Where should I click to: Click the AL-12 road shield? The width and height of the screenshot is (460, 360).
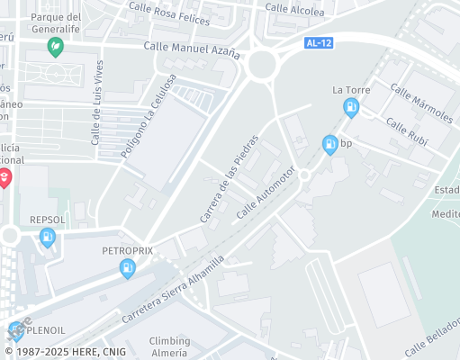[318, 42]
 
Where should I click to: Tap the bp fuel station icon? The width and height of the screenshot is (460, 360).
[330, 143]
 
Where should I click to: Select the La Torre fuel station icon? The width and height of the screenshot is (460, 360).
[351, 109]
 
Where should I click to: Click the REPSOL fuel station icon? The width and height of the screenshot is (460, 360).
[48, 238]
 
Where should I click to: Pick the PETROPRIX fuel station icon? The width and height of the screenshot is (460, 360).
[129, 266]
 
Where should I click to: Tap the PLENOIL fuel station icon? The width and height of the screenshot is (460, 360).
[16, 330]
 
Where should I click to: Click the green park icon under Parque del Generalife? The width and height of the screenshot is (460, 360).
[56, 46]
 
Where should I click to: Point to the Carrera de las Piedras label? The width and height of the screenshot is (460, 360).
[229, 179]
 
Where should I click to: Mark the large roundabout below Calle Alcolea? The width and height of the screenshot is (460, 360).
[262, 64]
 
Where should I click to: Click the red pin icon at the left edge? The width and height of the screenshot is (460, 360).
[5, 178]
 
